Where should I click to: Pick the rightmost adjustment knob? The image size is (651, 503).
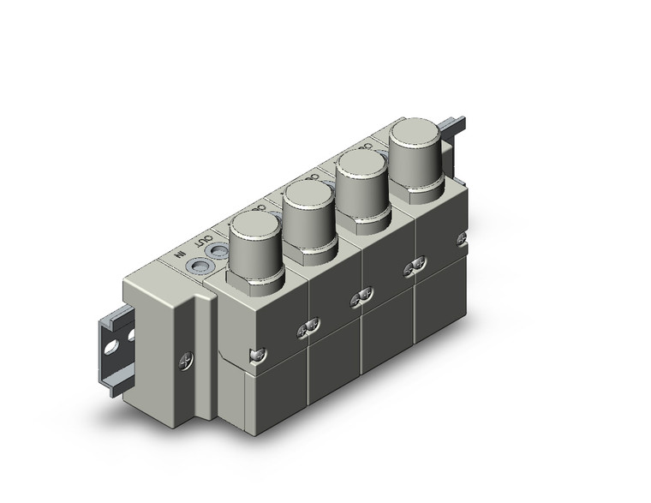click(x=415, y=147)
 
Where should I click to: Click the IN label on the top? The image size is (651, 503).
click(x=179, y=254)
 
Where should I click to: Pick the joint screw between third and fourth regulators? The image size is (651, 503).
click(x=415, y=266)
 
